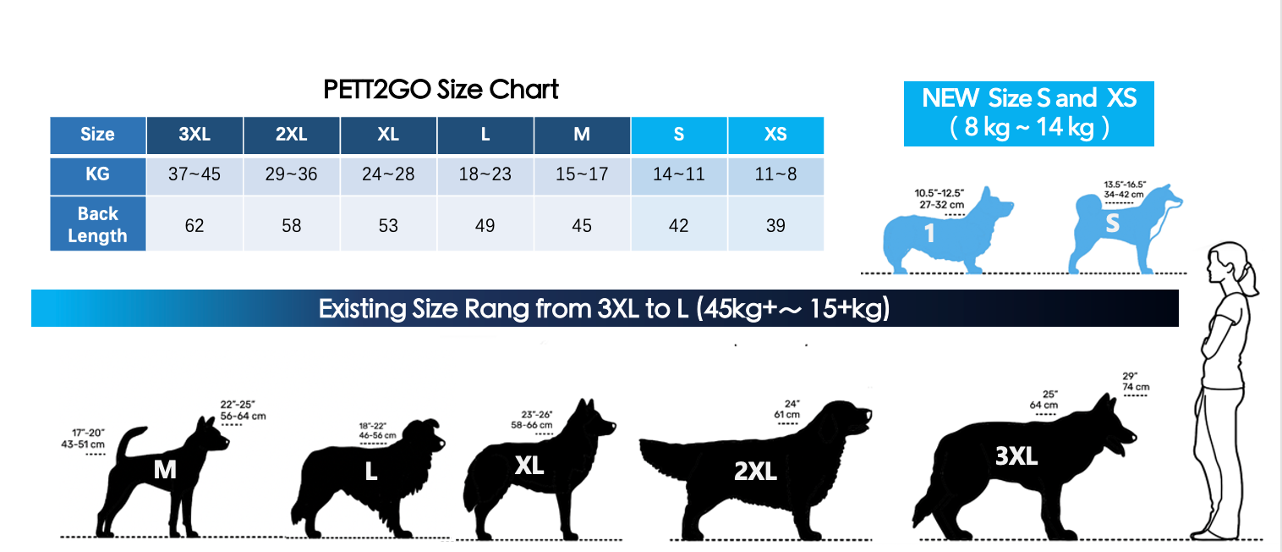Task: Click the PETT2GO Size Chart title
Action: tap(441, 90)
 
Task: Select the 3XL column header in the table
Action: tap(194, 135)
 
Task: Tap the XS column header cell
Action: tap(775, 135)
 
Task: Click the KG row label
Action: tap(97, 174)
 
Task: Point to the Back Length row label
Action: tap(97, 224)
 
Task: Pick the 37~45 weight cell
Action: tap(194, 174)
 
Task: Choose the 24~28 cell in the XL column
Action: tap(388, 174)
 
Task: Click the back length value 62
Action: tap(194, 225)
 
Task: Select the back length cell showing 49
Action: tap(485, 225)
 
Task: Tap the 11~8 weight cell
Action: tap(775, 174)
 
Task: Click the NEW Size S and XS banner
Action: tap(1028, 113)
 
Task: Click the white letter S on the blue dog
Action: tap(1112, 223)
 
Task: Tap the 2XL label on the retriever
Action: tap(755, 472)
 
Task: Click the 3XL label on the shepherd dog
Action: tap(1016, 457)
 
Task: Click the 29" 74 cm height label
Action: tap(1136, 382)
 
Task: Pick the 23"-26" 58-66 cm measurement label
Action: tap(532, 420)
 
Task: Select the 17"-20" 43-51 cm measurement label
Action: tap(84, 439)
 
